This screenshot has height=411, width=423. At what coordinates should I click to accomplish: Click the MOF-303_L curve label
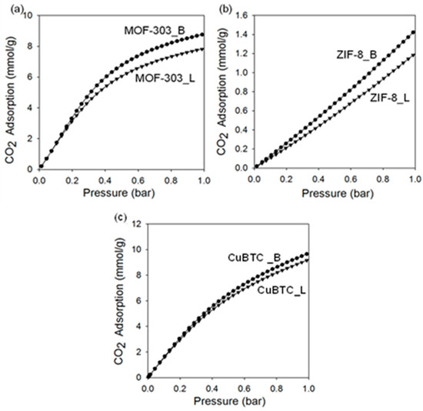pyautogui.click(x=163, y=77)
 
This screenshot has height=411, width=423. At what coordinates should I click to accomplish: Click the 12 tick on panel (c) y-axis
pyautogui.click(x=135, y=225)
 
